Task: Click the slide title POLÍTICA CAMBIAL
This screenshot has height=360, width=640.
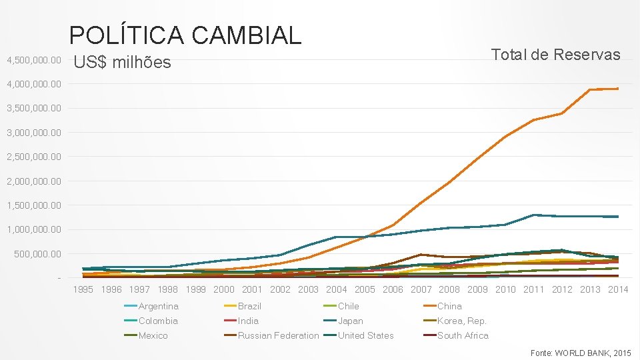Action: [185, 35]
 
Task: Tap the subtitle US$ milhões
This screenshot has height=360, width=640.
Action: [122, 63]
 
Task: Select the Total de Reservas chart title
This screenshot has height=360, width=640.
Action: [555, 55]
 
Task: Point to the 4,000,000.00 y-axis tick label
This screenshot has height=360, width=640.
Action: [33, 85]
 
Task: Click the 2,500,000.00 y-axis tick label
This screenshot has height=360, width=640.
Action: [33, 157]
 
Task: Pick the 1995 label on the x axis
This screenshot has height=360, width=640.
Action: [83, 289]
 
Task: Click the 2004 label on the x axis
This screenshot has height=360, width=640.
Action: [336, 289]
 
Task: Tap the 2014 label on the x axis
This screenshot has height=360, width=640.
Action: [618, 289]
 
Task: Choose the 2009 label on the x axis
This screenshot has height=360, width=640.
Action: [477, 289]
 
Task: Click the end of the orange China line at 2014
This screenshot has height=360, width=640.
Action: [617, 89]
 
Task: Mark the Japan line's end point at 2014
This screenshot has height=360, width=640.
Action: [617, 217]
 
